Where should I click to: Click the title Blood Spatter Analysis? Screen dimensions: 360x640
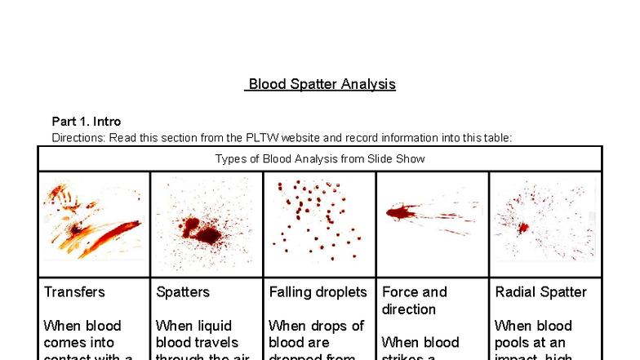point(322,84)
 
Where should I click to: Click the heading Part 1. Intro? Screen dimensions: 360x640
point(87,122)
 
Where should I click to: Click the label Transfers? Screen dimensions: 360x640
point(74,291)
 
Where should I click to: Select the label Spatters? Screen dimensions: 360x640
point(183,291)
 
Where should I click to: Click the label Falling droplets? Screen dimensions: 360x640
point(317,291)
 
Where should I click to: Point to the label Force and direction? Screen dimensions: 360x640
point(415,300)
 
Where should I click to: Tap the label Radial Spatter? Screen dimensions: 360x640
point(540,291)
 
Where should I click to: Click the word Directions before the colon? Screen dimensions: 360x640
point(76,137)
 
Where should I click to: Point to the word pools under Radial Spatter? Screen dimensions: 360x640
point(513,343)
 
